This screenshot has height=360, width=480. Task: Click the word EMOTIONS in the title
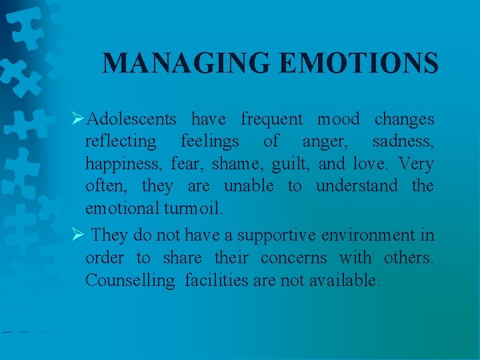click(359, 63)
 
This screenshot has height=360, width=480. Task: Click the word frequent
click(271, 119)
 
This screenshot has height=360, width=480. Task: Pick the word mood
click(338, 119)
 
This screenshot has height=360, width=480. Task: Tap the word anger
click(325, 142)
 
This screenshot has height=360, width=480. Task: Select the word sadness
click(403, 141)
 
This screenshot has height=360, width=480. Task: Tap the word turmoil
click(193, 208)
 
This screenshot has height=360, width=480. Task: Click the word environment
click(378, 235)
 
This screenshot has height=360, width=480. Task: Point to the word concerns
click(293, 257)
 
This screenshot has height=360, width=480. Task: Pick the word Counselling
click(129, 280)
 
